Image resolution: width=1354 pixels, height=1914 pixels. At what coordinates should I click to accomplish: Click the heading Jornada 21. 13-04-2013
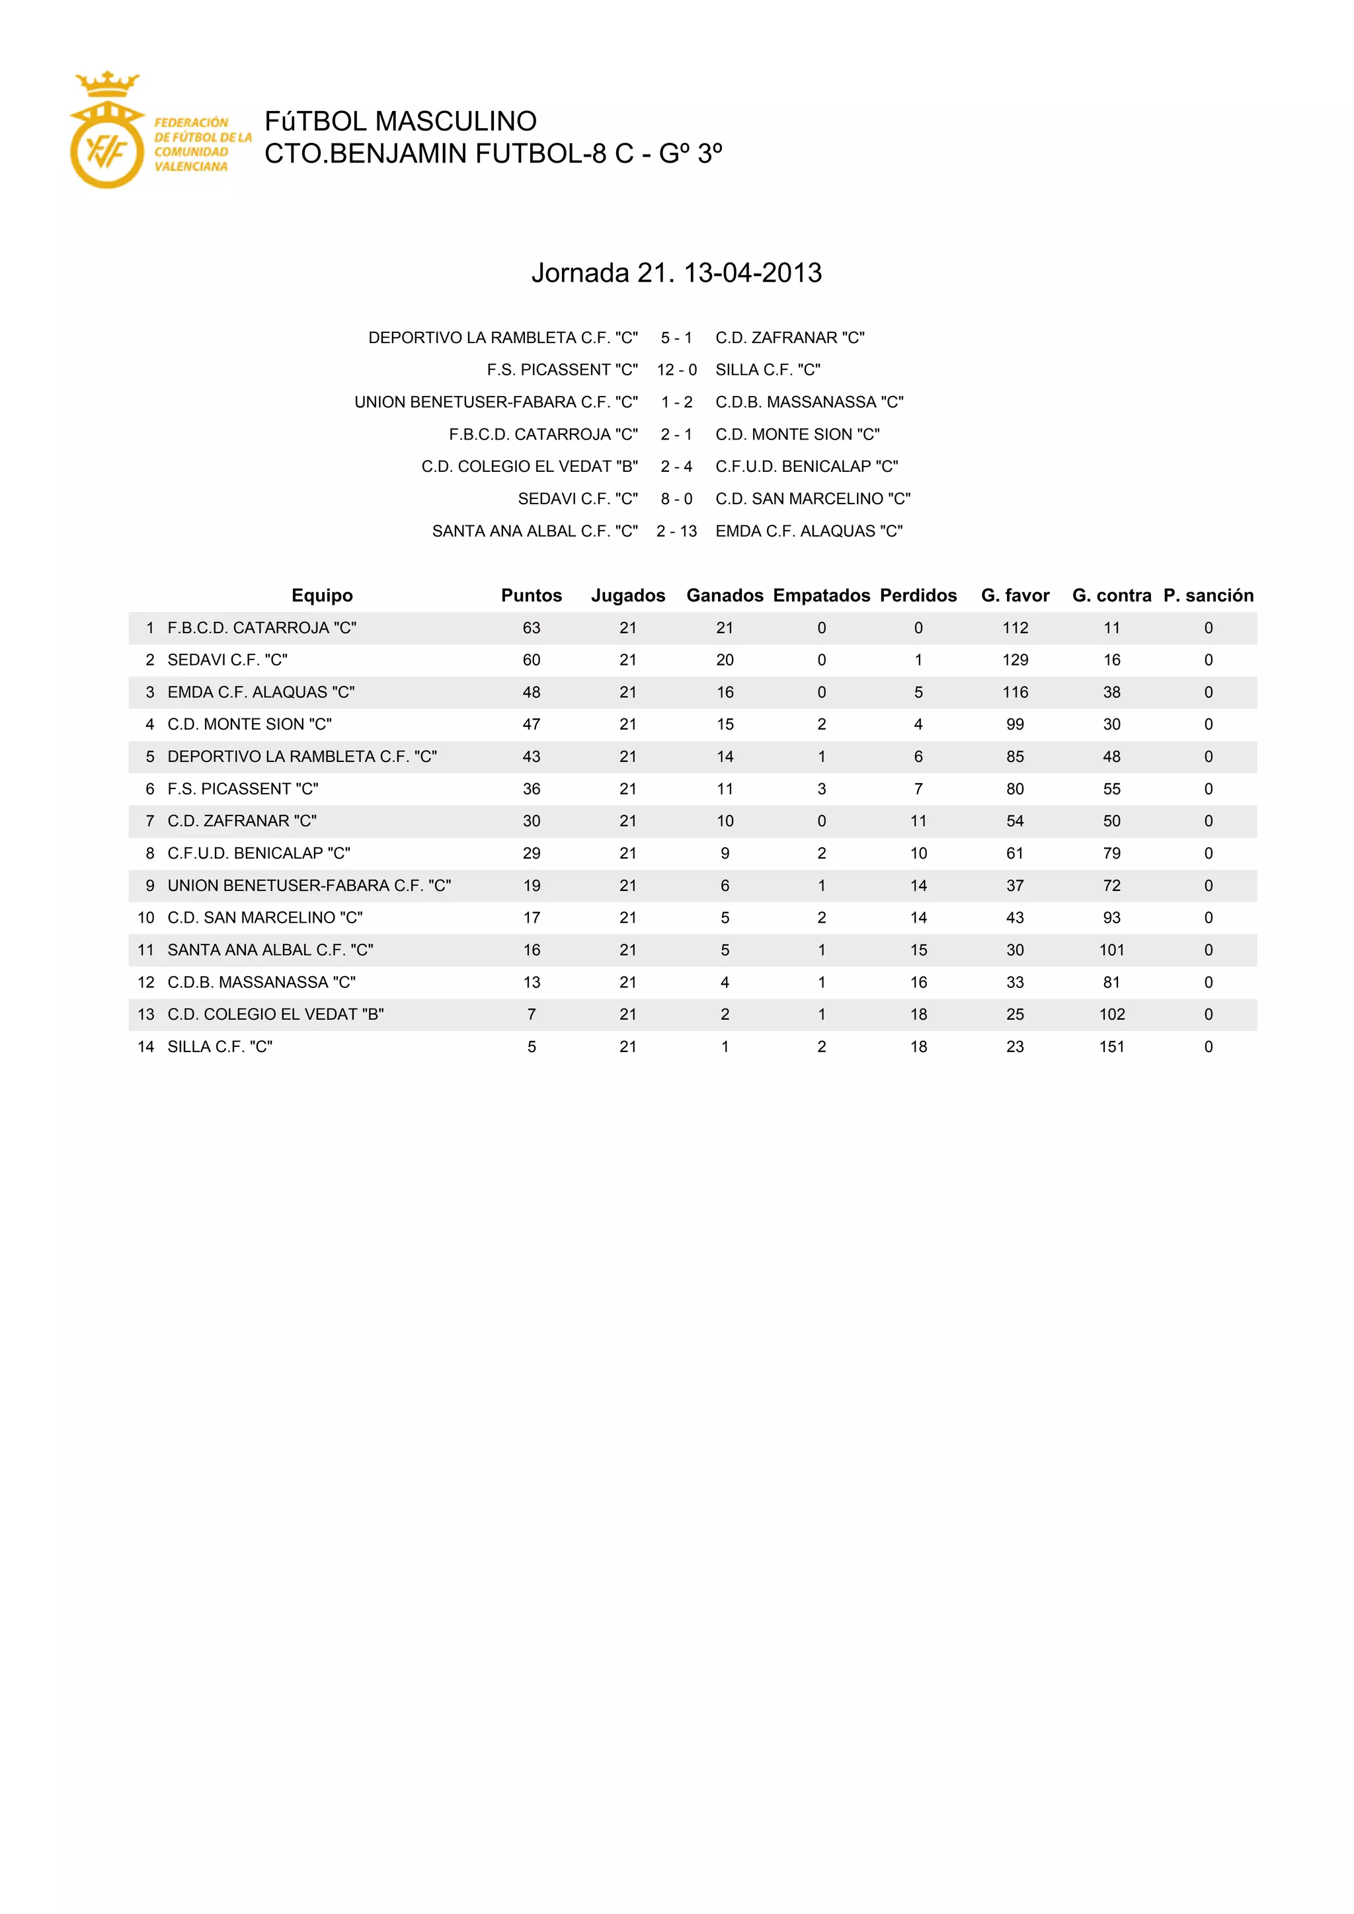pyautogui.click(x=676, y=272)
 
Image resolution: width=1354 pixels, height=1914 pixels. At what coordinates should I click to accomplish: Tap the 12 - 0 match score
pyautogui.click(x=676, y=370)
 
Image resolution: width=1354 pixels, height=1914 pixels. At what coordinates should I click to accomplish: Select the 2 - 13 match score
pyautogui.click(x=676, y=531)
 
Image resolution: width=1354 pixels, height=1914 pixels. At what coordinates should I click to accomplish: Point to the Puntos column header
pyautogui.click(x=531, y=595)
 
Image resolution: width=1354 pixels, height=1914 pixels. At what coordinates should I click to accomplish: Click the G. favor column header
pyautogui.click(x=1015, y=595)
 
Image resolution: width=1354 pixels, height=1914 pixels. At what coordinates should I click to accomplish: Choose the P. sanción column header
pyautogui.click(x=1208, y=595)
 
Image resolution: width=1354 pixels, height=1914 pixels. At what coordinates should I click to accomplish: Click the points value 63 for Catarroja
pyautogui.click(x=531, y=628)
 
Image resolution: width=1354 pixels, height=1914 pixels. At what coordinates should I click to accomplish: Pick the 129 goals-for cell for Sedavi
pyautogui.click(x=1015, y=660)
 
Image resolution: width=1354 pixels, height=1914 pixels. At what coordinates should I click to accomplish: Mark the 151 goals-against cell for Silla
pyautogui.click(x=1111, y=1047)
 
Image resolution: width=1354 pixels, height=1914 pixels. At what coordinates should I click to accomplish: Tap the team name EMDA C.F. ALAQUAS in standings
pyautogui.click(x=261, y=693)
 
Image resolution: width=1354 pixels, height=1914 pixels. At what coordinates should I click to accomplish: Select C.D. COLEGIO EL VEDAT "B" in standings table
pyautogui.click(x=275, y=1014)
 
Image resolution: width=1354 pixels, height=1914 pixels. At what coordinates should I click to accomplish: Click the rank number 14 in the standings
pyautogui.click(x=146, y=1047)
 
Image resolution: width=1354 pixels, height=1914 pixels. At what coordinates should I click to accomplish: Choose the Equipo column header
pyautogui.click(x=322, y=595)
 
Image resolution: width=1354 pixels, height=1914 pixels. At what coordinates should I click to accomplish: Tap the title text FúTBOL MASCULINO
pyautogui.click(x=400, y=122)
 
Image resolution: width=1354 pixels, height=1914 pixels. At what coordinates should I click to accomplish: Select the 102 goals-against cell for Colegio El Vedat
pyautogui.click(x=1111, y=1014)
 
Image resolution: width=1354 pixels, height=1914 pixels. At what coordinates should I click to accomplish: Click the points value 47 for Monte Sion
pyautogui.click(x=531, y=724)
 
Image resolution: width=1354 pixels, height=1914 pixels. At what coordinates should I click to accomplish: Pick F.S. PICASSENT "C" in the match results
pyautogui.click(x=562, y=370)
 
